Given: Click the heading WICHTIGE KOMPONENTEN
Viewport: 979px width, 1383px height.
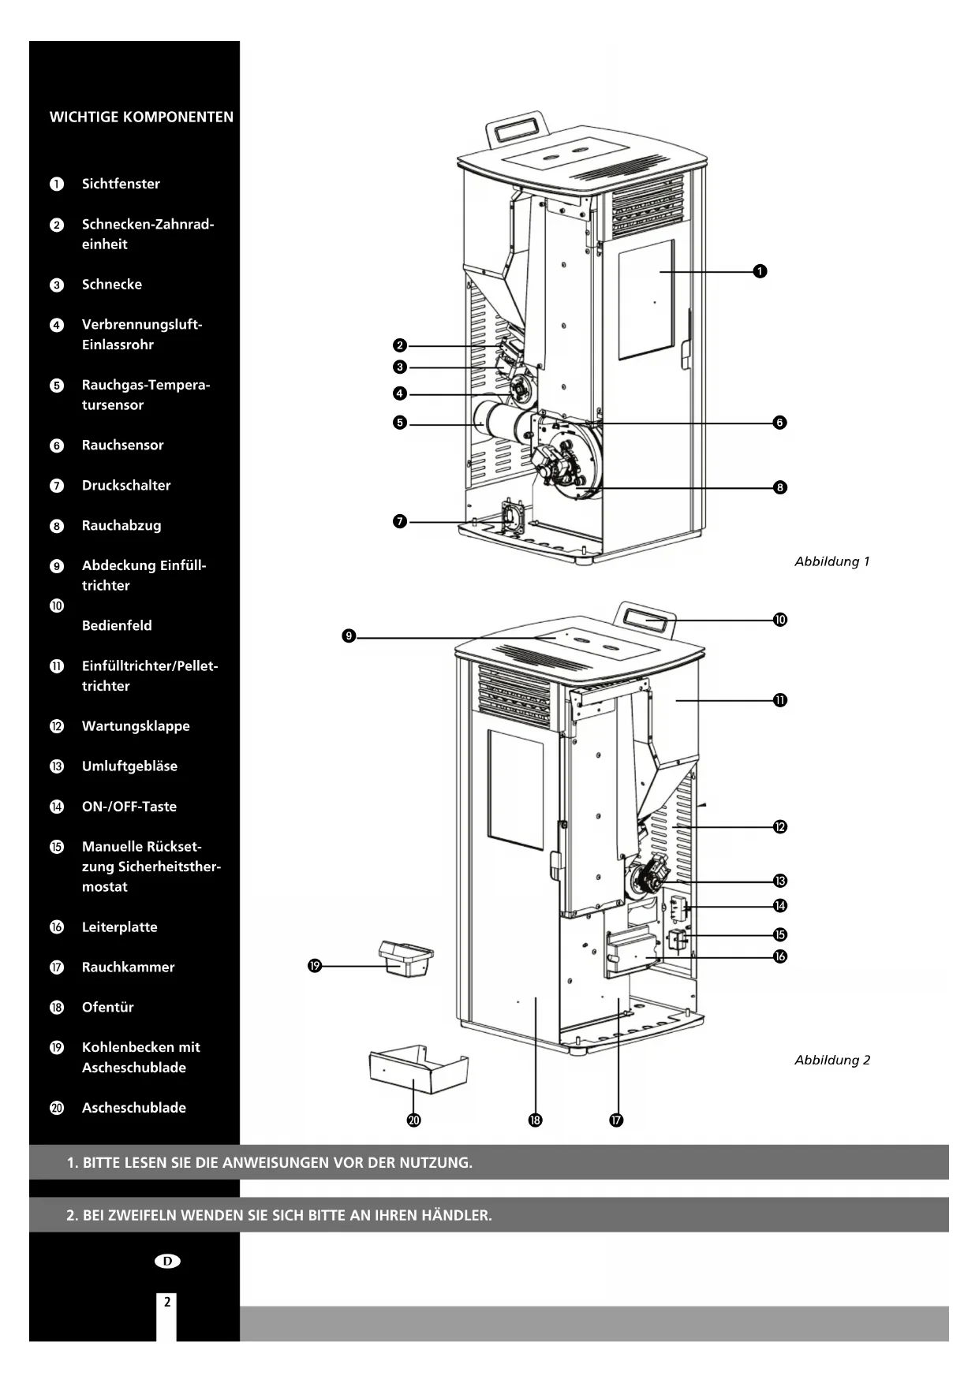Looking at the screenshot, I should (x=141, y=117).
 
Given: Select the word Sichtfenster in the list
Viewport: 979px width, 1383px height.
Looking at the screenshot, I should (x=121, y=184).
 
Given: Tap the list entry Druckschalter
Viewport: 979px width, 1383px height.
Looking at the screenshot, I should (x=126, y=486).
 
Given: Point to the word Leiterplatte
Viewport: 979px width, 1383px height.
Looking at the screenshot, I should (x=119, y=927).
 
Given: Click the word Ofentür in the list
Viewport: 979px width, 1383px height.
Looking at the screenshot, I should (x=107, y=1008).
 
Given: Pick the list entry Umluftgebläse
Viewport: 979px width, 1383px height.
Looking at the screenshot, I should (x=129, y=766).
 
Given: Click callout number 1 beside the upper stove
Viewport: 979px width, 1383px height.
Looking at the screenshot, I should (x=760, y=271).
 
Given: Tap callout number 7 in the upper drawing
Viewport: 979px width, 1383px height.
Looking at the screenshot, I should (x=400, y=521).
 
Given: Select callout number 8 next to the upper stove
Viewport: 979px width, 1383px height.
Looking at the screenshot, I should (x=780, y=487).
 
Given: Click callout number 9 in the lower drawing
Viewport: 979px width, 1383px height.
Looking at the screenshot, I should (x=349, y=636).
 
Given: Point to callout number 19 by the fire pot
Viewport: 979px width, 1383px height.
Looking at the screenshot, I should (x=315, y=966).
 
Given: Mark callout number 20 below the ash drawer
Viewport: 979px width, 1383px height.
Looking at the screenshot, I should (x=414, y=1120).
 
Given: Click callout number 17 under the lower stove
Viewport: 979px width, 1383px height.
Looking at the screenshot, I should (x=616, y=1120).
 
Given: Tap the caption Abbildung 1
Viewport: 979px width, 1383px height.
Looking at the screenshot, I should (x=831, y=562).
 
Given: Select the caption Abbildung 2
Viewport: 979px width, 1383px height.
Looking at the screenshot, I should (x=832, y=1061).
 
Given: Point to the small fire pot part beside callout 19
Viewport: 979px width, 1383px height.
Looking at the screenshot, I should (x=406, y=959).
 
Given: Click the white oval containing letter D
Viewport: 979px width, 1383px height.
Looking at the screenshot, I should (x=167, y=1261).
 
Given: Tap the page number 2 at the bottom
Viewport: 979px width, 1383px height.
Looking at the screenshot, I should (x=166, y=1303).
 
